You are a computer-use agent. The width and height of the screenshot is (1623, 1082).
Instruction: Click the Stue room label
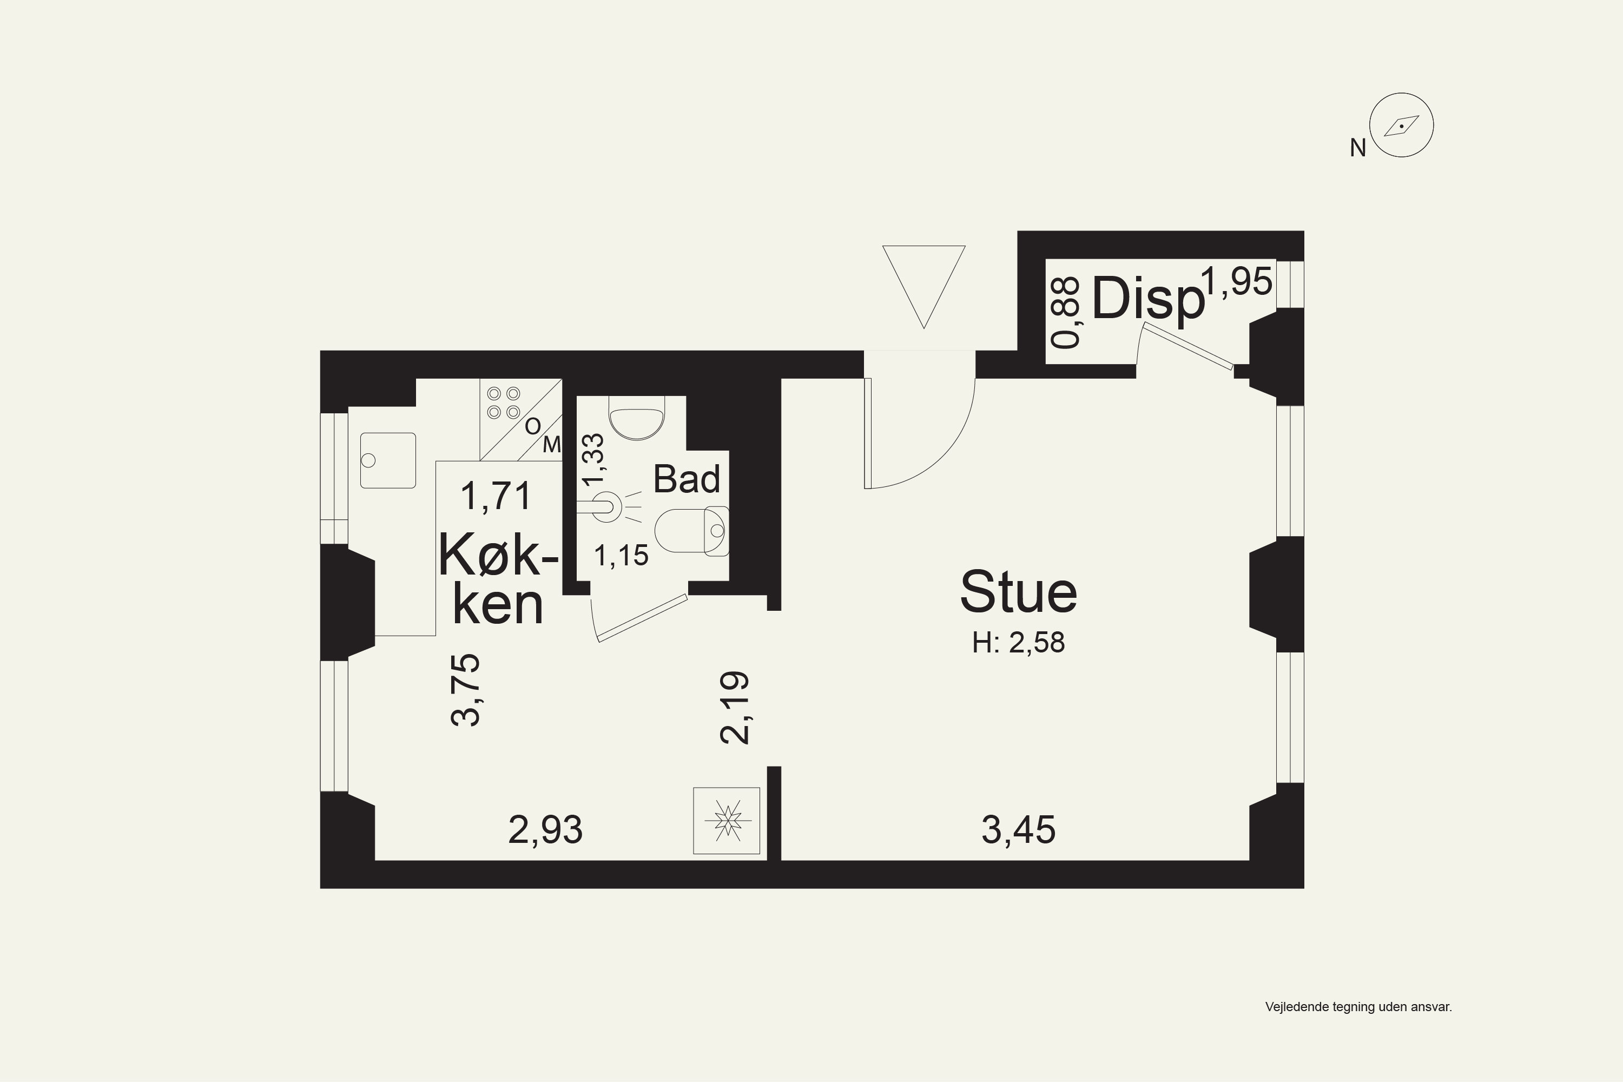(1019, 592)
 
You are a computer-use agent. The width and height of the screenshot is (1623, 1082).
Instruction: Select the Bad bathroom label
(687, 479)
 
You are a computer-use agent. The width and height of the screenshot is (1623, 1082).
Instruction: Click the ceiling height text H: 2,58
(1019, 643)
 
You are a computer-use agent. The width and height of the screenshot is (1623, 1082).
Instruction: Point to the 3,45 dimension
(1019, 829)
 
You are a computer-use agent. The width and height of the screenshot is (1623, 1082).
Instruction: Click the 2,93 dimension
(545, 829)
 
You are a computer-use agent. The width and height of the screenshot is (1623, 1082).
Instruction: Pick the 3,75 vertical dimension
(466, 689)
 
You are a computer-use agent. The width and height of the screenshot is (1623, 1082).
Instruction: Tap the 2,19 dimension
(735, 707)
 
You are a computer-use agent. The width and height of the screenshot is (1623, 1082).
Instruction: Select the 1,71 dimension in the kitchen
(496, 496)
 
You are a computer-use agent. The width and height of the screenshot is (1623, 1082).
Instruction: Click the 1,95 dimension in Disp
(1237, 281)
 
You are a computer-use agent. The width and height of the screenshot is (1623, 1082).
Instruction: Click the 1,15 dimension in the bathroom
(621, 556)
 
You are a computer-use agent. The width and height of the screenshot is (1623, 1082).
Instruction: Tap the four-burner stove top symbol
(504, 403)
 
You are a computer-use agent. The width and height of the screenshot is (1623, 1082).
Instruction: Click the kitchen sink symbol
(388, 460)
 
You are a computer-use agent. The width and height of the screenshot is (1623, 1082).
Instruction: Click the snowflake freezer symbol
(727, 821)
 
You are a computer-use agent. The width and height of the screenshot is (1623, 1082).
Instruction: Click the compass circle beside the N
(1402, 125)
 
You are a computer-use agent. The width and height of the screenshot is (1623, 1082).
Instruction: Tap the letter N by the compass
(1358, 148)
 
